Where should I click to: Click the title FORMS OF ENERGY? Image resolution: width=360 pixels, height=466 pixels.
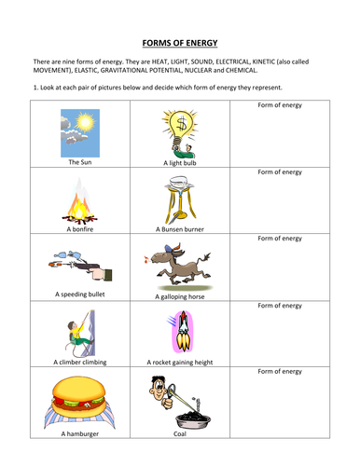180,42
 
